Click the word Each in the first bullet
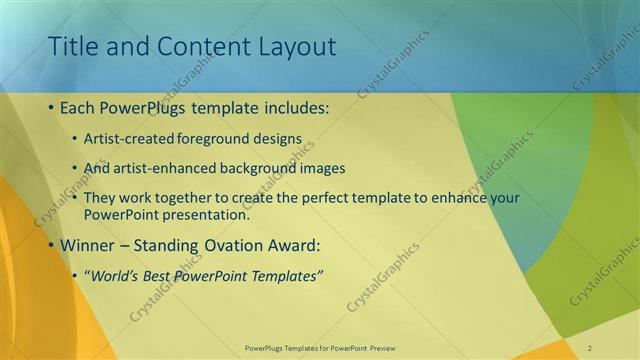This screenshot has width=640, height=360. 79,108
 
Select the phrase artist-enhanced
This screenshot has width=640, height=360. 158,167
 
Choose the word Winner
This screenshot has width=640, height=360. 88,246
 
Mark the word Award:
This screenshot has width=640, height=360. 289,246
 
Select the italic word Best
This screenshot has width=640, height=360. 159,275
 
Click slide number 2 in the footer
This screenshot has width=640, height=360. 589,347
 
